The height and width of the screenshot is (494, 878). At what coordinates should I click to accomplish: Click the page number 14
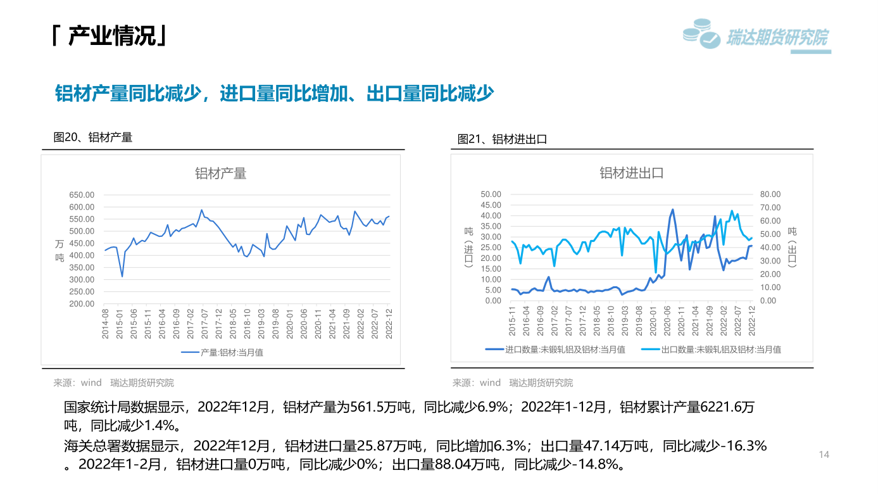824,455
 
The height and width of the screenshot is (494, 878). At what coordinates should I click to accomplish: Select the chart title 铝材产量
220,174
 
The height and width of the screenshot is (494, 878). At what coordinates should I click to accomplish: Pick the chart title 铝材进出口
631,173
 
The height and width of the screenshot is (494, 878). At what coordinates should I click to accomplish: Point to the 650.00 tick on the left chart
82,195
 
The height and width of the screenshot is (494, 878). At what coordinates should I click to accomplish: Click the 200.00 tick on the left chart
82,304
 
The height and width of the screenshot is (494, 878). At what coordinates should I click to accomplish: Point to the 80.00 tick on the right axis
770,194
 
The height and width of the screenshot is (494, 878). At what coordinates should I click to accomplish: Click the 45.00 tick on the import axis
491,205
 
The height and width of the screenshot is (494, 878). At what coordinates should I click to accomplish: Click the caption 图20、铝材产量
93,137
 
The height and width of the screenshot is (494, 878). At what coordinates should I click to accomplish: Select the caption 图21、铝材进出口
502,139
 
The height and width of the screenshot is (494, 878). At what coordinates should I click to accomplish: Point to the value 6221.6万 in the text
728,407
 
